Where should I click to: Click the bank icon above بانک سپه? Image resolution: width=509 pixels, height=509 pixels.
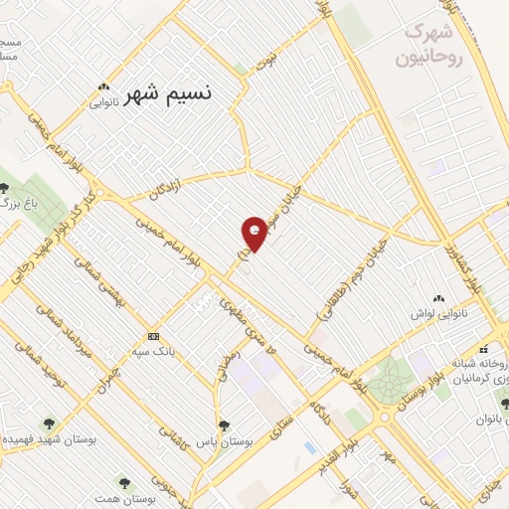pos(152,336)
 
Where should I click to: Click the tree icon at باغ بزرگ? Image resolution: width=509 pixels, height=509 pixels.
pos(5,188)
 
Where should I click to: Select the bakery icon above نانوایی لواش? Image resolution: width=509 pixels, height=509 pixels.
pos(437,298)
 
